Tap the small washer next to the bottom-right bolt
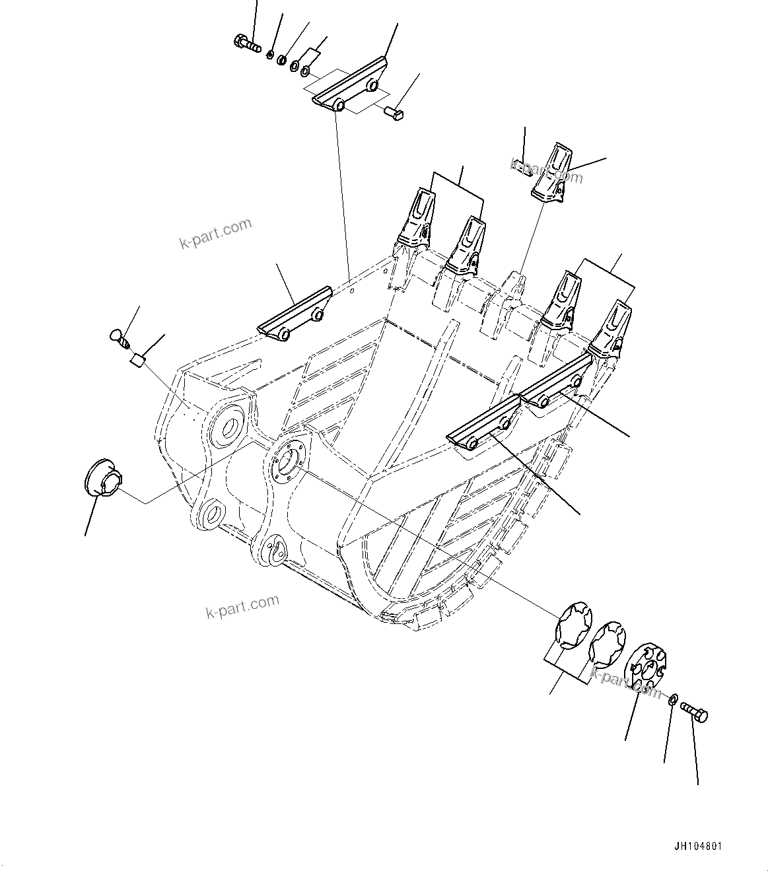[x=672, y=700]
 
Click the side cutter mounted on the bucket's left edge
[x=293, y=313]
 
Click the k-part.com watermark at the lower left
[x=242, y=606]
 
